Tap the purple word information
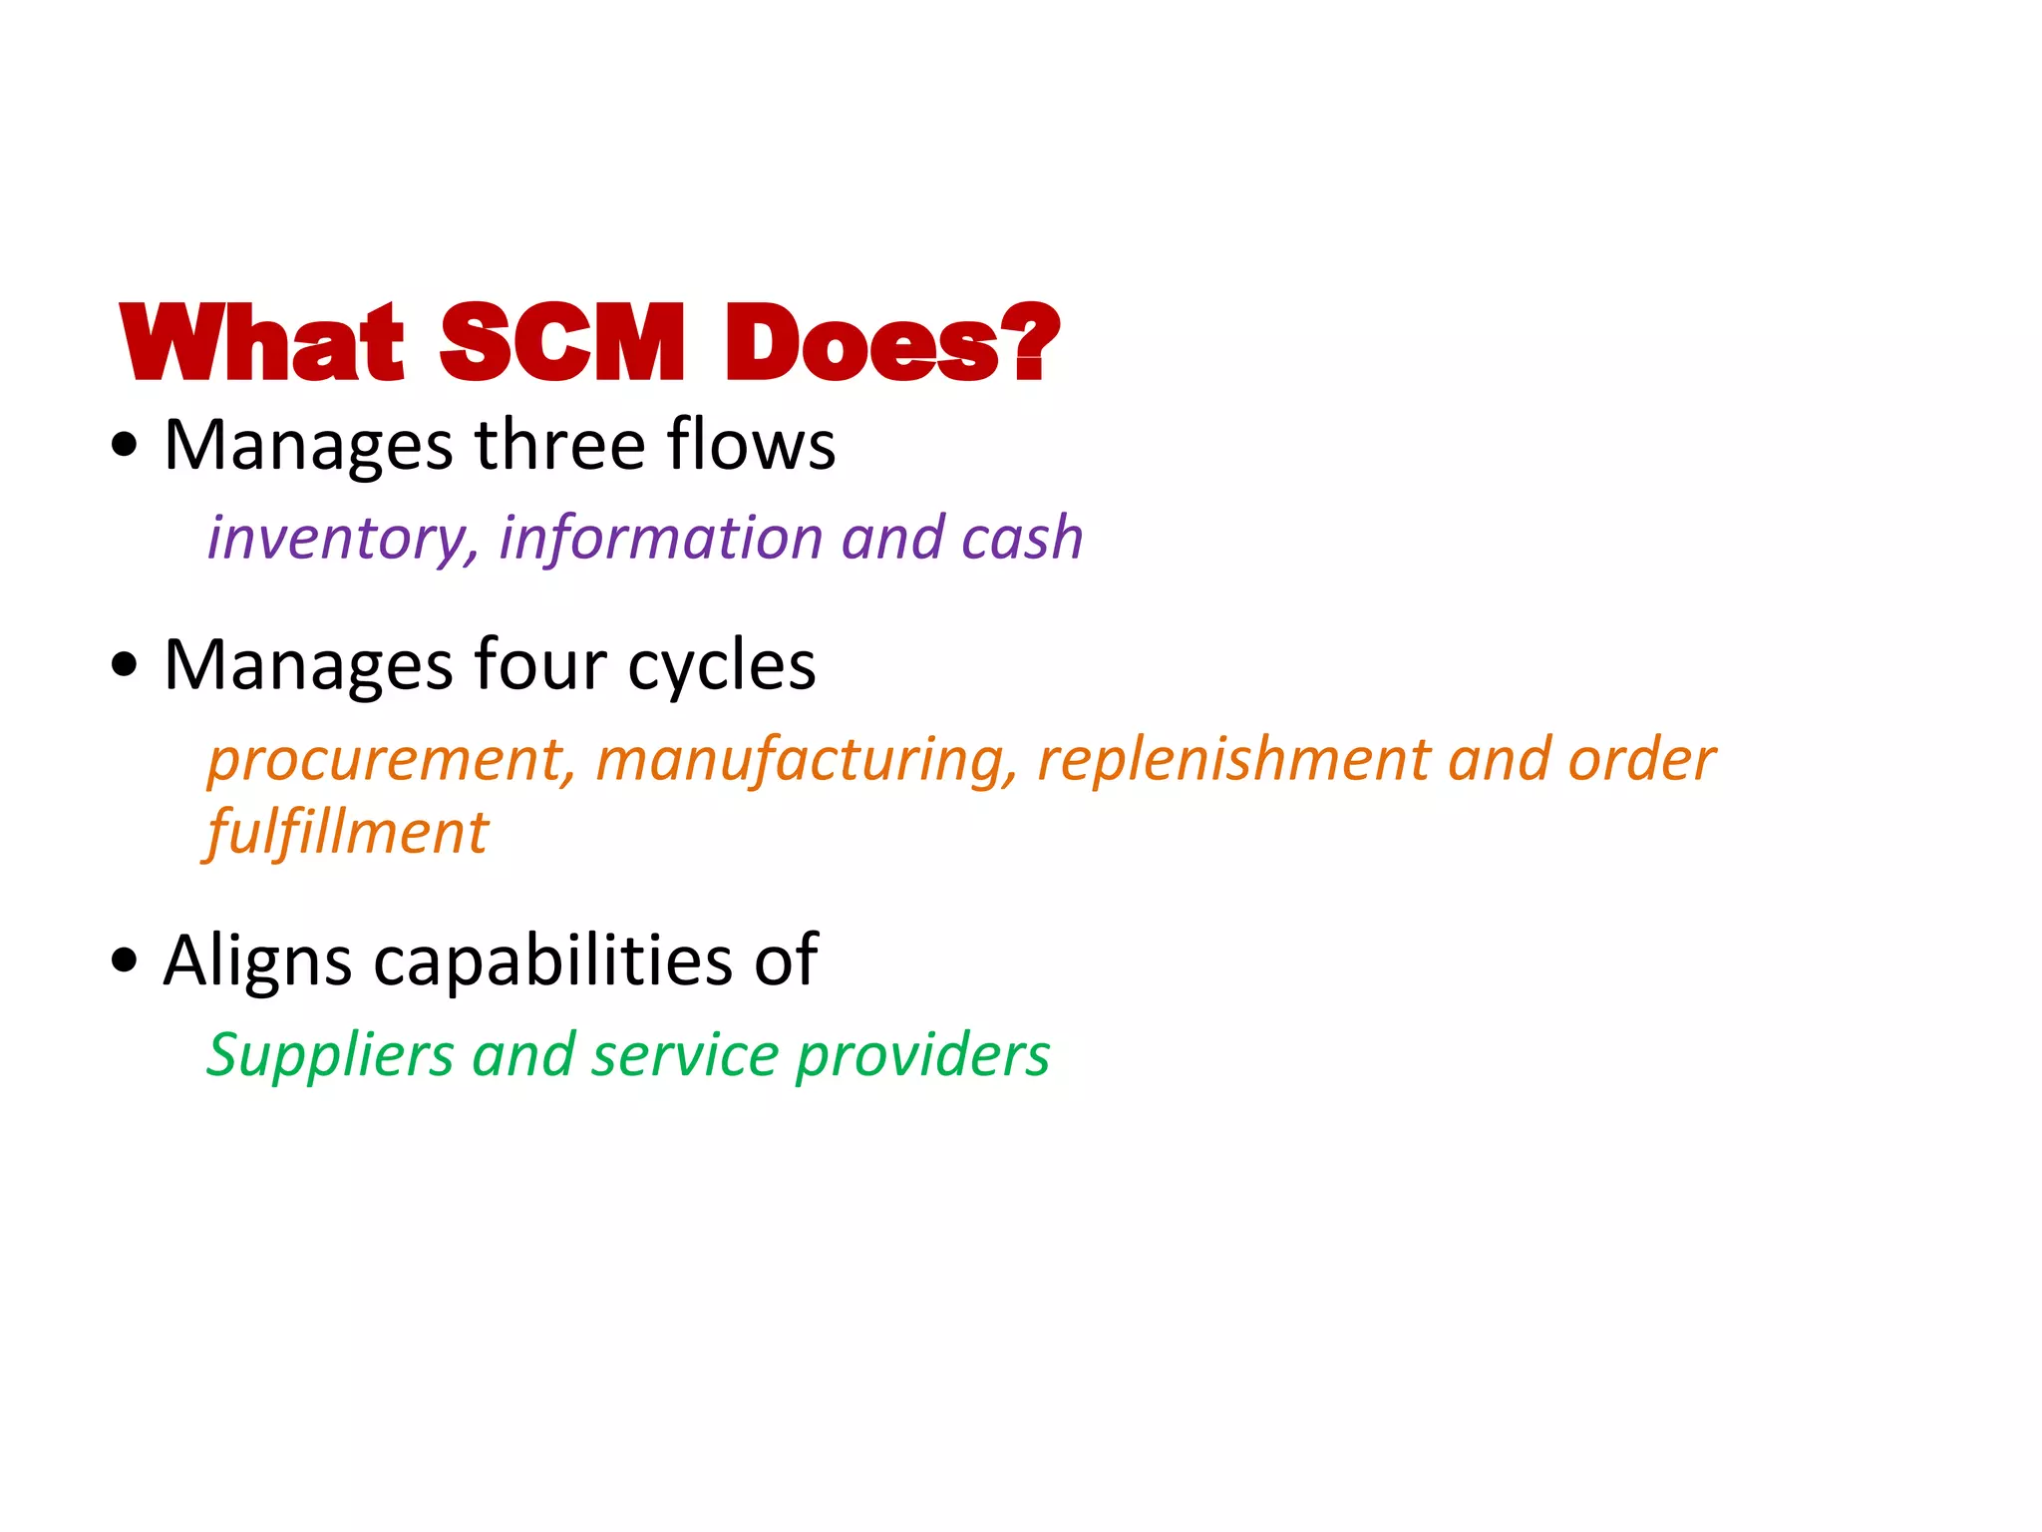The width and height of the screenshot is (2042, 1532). (x=659, y=539)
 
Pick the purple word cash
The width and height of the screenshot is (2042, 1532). (x=1022, y=539)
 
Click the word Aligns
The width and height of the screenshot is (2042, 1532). (x=257, y=960)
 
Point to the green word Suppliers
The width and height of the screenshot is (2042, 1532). (x=330, y=1055)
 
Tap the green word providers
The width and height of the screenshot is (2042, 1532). (x=922, y=1055)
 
